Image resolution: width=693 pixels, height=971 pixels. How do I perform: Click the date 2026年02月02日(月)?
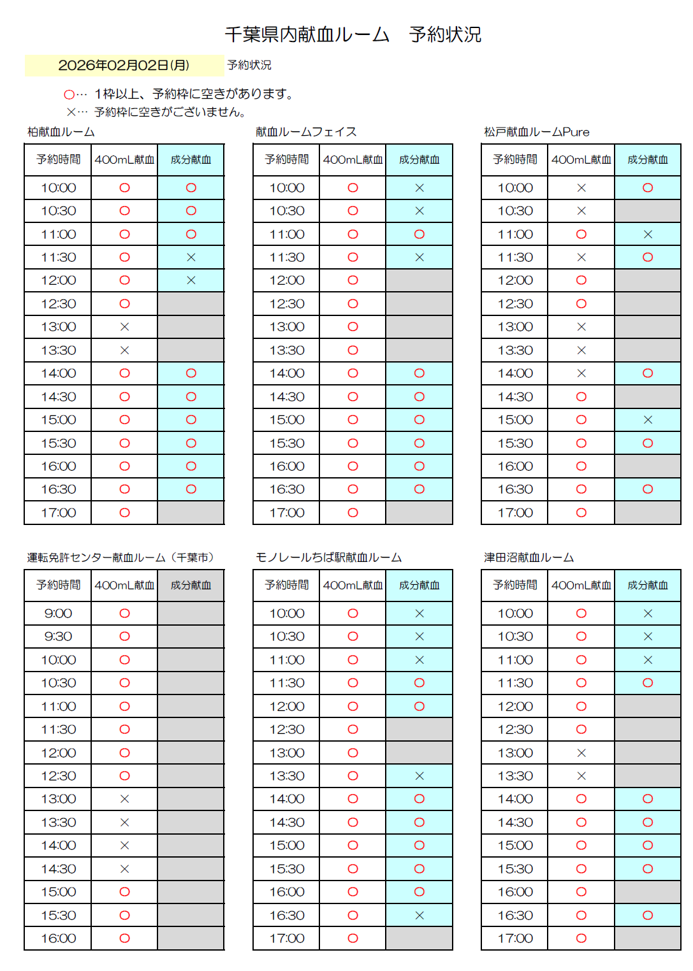coord(123,65)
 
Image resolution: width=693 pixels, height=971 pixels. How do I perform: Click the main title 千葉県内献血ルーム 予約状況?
coord(353,34)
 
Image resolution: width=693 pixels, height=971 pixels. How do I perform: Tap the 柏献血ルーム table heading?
coord(61,132)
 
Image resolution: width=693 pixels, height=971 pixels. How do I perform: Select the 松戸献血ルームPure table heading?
coord(536,132)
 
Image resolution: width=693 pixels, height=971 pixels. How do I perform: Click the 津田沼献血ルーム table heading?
coord(529,557)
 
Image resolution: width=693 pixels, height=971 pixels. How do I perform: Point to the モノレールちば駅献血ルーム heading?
coord(328,557)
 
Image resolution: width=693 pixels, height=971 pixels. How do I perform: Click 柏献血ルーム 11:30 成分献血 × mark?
coord(191,257)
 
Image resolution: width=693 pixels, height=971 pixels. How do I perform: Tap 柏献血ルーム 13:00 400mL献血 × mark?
coord(124,327)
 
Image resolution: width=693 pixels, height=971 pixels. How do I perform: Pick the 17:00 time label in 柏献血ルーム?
coord(59,513)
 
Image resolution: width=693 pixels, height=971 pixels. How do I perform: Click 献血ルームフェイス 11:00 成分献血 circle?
coord(419,234)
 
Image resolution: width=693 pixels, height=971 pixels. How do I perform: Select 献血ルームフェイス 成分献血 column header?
coord(419,160)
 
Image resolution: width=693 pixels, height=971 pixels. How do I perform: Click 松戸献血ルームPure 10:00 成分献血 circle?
coord(648,188)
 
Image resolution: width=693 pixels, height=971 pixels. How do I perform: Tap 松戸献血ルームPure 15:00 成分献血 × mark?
coord(648,420)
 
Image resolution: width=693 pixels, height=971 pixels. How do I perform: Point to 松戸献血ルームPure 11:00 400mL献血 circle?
coord(581,234)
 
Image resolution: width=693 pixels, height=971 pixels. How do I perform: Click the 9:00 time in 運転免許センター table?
coord(59,614)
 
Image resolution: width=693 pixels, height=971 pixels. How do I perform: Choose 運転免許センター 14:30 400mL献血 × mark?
coord(124,869)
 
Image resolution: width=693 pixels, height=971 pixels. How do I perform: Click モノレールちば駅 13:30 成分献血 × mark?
coord(419,776)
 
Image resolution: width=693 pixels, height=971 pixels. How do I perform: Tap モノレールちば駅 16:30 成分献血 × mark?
coord(419,916)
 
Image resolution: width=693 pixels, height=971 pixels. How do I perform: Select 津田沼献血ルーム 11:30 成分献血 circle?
coord(648,683)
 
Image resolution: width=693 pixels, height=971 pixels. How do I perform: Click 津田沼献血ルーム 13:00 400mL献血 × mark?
coord(581,753)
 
